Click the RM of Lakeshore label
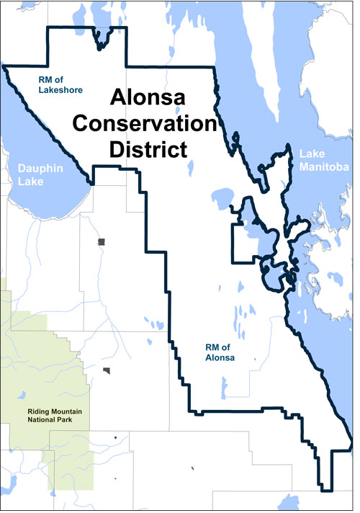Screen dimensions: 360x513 (61, 85)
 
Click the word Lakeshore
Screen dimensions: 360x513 (62, 90)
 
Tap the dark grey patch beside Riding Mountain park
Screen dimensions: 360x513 (107, 372)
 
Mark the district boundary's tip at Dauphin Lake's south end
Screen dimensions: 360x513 (93, 183)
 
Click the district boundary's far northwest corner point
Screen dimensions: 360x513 (4, 66)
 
